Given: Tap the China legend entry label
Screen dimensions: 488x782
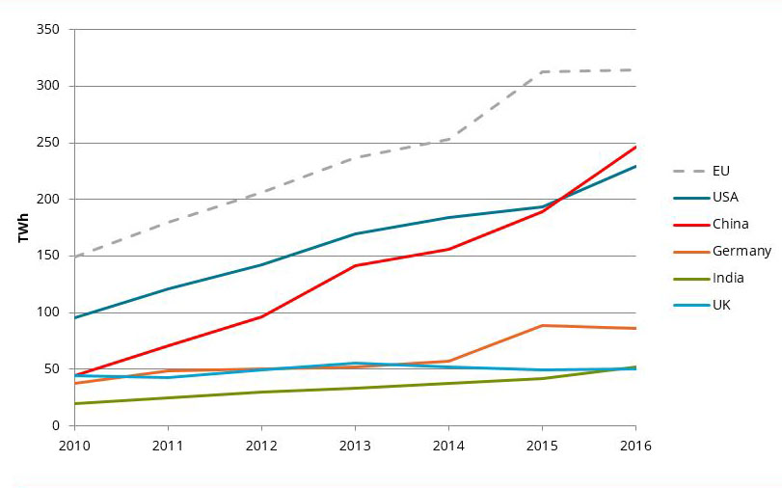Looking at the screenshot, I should point(731,224).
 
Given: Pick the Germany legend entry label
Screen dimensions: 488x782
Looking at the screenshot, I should point(741,251).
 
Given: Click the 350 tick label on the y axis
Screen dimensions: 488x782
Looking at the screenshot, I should point(49,30).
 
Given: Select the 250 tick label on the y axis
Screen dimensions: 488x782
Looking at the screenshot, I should point(49,143).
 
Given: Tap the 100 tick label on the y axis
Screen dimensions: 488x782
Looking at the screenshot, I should point(49,312).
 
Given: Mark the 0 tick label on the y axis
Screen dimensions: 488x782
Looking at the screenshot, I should point(56,425).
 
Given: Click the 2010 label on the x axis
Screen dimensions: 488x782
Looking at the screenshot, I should point(74,446).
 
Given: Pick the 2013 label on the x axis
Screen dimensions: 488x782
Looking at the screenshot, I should point(355,446).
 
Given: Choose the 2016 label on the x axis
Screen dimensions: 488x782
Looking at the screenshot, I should point(635,446).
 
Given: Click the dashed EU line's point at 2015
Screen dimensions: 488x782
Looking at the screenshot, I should point(542,71).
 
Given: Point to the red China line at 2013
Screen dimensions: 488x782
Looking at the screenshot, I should point(355,265).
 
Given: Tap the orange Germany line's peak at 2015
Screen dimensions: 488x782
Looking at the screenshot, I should point(542,325).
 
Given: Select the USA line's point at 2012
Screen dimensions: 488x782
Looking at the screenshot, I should point(261,264).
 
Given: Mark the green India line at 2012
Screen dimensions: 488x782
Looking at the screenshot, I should point(261,392).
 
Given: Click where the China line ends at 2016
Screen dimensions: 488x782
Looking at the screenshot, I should point(634,148).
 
